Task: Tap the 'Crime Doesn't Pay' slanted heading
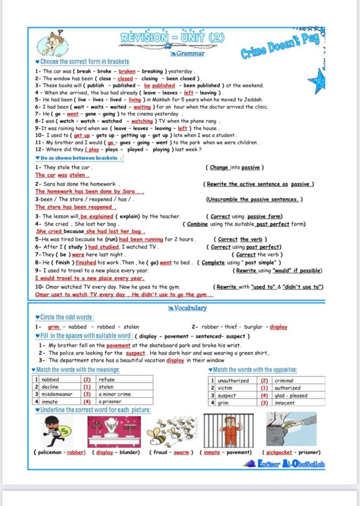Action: click(x=280, y=47)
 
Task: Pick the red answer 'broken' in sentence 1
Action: click(x=127, y=72)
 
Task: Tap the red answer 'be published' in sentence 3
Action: click(x=159, y=85)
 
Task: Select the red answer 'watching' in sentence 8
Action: click(x=142, y=121)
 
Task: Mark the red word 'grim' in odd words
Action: click(x=53, y=327)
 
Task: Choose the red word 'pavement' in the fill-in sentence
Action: click(x=118, y=345)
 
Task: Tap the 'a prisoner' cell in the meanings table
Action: click(x=110, y=402)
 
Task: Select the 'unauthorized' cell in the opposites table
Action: click(x=233, y=381)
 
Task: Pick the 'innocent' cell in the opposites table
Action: click(x=284, y=403)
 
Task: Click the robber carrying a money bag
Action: click(x=58, y=430)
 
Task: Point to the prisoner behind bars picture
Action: click(x=228, y=430)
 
